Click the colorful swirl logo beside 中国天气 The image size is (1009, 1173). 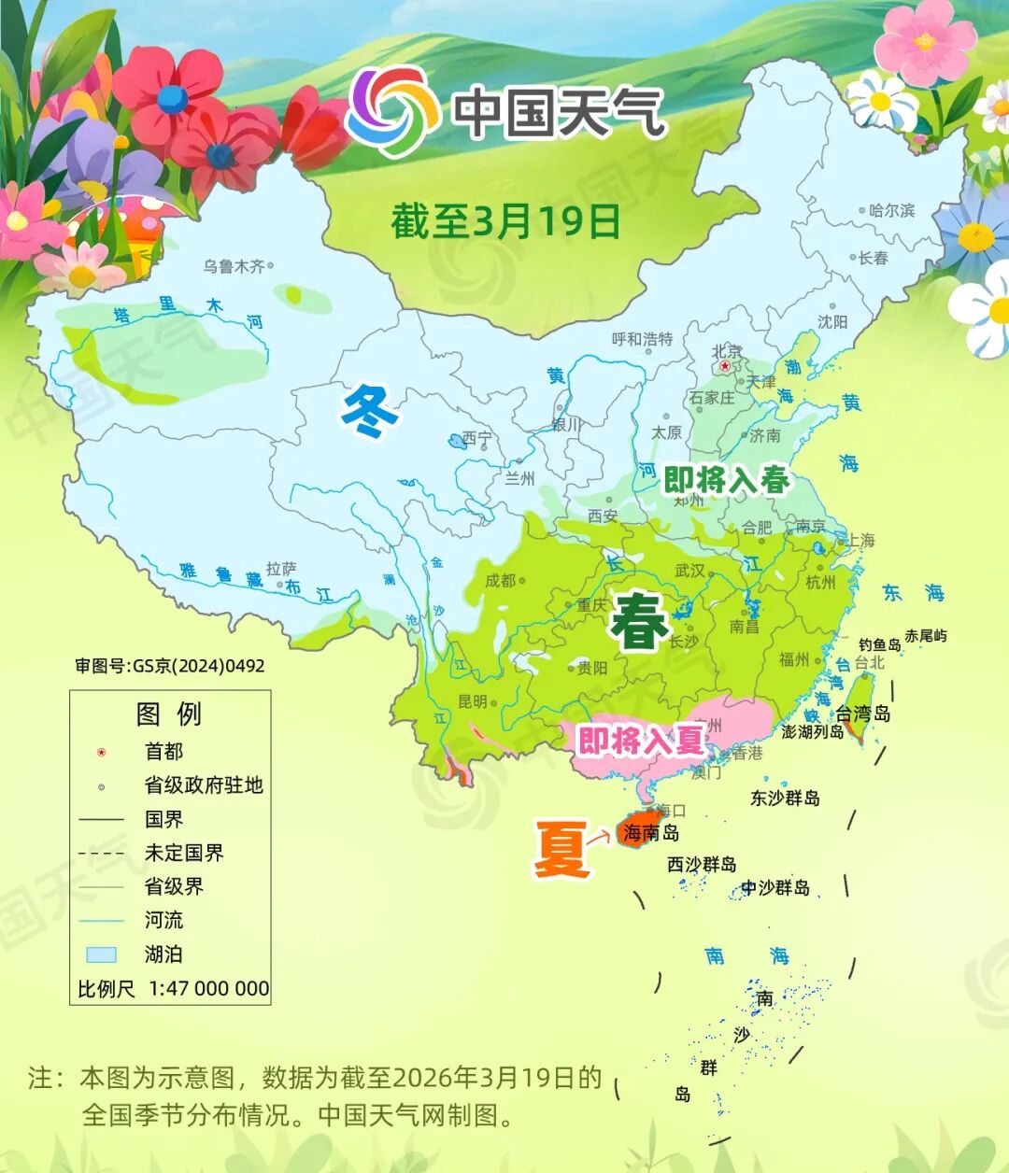[x=392, y=111]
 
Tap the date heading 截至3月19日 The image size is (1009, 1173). [x=505, y=221]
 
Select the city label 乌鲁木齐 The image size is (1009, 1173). [x=234, y=266]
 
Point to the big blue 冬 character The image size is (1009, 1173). [x=369, y=411]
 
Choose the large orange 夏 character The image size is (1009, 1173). [x=561, y=848]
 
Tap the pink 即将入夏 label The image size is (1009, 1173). [x=640, y=741]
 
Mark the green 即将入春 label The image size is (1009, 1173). [x=726, y=480]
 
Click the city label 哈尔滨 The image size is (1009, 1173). [x=891, y=210]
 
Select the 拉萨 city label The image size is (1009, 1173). [x=281, y=568]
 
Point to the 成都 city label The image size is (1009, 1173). [x=500, y=580]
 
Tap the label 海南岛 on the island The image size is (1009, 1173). [x=650, y=832]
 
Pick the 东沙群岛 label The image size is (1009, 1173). [x=785, y=798]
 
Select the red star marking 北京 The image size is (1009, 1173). [x=724, y=366]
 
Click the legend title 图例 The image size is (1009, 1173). [x=169, y=714]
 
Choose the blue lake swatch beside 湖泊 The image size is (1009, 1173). [x=101, y=954]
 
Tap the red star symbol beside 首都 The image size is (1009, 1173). [x=102, y=752]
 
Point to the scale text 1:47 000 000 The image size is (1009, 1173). [x=208, y=988]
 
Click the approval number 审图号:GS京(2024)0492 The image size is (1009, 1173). [x=170, y=666]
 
